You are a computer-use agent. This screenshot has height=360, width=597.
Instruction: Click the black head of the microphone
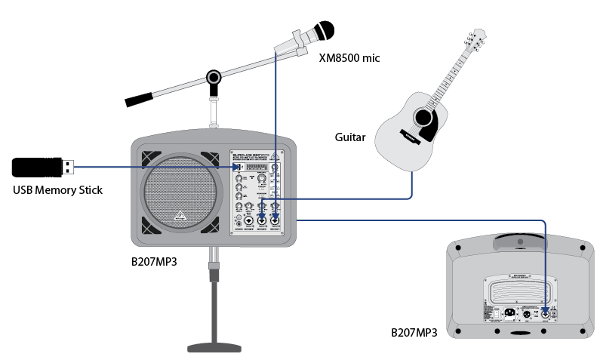325,31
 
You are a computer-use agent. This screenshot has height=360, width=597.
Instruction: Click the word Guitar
350,137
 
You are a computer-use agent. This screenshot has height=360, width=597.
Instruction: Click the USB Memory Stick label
57,189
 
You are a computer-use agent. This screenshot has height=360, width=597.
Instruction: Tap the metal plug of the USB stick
66,165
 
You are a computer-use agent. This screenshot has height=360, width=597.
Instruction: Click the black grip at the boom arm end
140,99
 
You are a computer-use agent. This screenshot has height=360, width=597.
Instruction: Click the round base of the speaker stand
219,347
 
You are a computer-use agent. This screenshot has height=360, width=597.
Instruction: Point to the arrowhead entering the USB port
235,166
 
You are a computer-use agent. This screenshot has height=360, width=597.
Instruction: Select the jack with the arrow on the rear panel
545,313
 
